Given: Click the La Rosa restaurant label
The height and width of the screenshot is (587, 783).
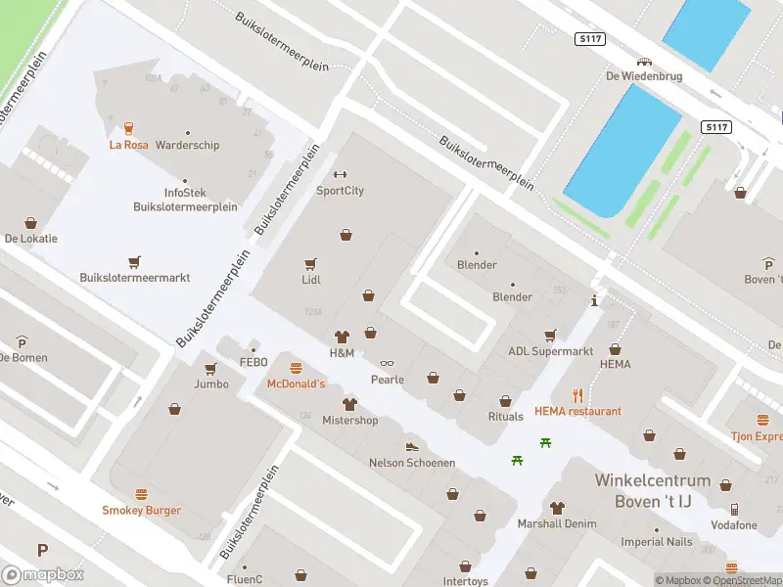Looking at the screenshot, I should (129, 145).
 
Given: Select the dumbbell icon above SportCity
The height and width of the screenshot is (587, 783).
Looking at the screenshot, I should (341, 175).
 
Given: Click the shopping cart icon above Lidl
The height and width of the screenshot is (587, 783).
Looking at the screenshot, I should (311, 263).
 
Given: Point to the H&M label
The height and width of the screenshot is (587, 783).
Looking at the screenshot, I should (342, 352).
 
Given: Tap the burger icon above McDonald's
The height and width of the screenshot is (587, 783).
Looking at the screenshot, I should (296, 368).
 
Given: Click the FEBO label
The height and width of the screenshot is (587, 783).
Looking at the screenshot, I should (253, 362).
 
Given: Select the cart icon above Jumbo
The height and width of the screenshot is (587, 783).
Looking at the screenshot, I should (210, 369).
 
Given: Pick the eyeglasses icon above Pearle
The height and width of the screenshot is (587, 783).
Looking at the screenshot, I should (387, 364).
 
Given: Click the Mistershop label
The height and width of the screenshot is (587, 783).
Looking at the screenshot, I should (349, 421).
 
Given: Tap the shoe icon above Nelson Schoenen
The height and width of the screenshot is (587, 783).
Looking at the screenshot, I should (411, 447).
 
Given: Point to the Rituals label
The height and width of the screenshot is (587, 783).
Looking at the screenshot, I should (506, 417).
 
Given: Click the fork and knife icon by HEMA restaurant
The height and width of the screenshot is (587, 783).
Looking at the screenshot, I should (578, 395).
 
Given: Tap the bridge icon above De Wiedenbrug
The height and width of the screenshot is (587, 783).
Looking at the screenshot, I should (644, 61).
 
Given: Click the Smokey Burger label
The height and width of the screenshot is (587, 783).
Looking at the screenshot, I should (141, 510).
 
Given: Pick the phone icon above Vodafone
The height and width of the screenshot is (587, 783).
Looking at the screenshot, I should (734, 510).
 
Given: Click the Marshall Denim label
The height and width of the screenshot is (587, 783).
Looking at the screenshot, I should (557, 523).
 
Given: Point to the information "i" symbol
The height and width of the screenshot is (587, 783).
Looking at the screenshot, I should (594, 301).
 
